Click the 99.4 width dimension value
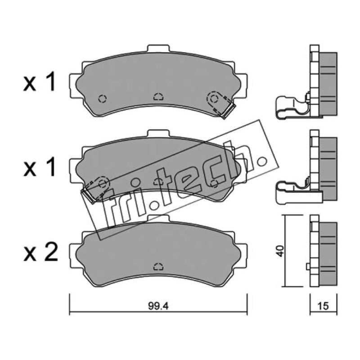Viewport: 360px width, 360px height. click(158, 306)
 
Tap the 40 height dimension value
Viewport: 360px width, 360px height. click(280, 251)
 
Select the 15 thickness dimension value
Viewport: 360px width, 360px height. click(323, 306)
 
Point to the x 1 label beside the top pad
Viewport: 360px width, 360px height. click(40, 81)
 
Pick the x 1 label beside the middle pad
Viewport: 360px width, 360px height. click(40, 167)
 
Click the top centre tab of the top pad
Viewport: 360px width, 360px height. click(158, 49)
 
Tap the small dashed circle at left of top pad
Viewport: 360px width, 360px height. click(103, 99)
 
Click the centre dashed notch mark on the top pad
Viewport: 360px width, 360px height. click(158, 97)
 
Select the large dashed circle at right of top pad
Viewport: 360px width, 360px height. click(214, 99)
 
